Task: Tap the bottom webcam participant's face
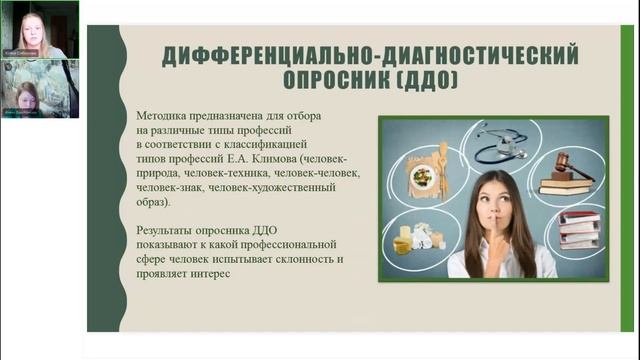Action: pos(27,96)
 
